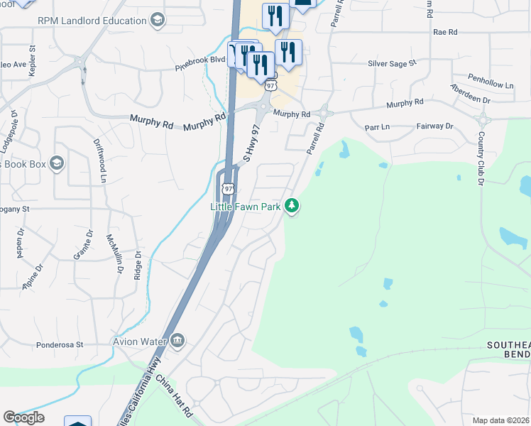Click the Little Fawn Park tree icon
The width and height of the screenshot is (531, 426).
pos(291,206)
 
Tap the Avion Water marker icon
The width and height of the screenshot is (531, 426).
pos(177,342)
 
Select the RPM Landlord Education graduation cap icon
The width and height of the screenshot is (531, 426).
pos(157,20)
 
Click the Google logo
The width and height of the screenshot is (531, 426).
pos(23,417)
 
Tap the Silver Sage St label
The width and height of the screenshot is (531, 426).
pos(391,64)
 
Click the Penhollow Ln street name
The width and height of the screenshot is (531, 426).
pos(490,80)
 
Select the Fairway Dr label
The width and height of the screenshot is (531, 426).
pos(434,126)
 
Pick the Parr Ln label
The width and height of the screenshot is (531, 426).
pos(376,128)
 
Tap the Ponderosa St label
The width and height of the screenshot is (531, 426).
pos(60,345)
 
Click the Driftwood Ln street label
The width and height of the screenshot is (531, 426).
pos(100,160)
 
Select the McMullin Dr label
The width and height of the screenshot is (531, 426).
pos(114,253)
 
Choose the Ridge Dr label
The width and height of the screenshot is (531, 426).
pos(138,264)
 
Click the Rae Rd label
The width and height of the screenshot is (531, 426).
pos(444,33)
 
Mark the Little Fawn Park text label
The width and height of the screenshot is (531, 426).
pos(246,206)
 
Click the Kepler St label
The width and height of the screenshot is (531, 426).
pos(32,58)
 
